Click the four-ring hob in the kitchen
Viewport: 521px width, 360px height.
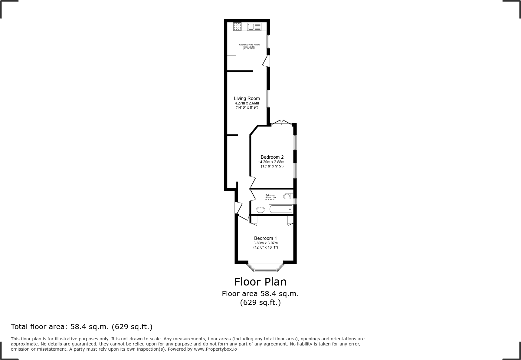(x=238, y=27)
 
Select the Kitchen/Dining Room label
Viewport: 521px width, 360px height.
(x=249, y=45)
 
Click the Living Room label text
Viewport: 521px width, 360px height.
(x=247, y=98)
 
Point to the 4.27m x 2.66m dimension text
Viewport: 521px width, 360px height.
(x=247, y=103)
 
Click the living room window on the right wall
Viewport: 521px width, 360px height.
(x=268, y=98)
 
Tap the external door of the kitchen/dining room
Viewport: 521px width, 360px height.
(x=266, y=61)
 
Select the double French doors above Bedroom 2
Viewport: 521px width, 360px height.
(x=281, y=123)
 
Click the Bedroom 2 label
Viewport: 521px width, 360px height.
(x=272, y=157)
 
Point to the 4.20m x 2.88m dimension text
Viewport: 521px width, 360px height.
(x=272, y=162)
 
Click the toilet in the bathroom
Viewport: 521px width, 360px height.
(x=287, y=196)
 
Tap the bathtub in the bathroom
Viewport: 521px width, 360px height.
(x=280, y=209)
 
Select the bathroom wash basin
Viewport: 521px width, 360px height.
(x=260, y=210)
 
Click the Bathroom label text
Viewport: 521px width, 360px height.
(x=270, y=195)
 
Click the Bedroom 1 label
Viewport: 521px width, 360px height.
(x=265, y=238)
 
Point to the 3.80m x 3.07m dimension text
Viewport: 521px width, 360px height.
(x=265, y=243)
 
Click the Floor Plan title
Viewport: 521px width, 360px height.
(x=260, y=282)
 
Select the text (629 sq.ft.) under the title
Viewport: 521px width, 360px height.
(x=260, y=302)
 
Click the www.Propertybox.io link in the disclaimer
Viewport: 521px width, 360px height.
(x=215, y=349)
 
